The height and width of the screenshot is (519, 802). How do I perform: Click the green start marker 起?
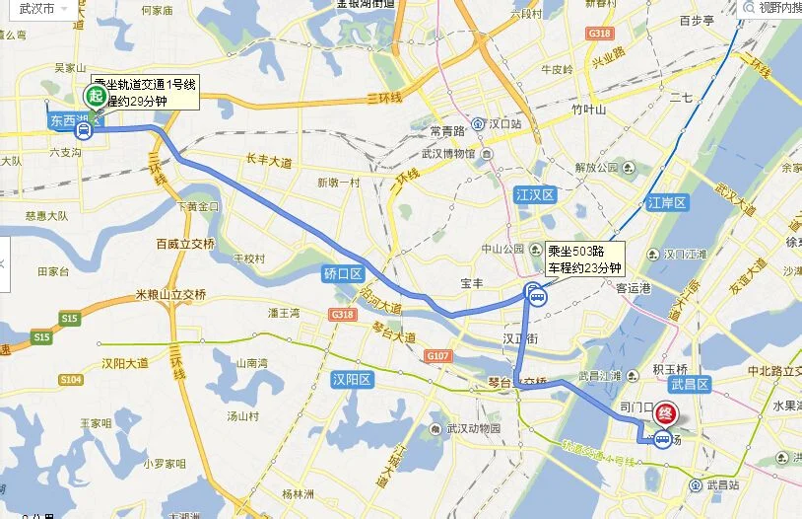click(96, 96)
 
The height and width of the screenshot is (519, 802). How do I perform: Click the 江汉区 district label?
click(536, 195)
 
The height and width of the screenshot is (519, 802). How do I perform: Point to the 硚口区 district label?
click(344, 273)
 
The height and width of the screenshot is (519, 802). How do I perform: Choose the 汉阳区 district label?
click(351, 379)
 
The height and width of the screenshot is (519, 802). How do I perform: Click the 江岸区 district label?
click(666, 203)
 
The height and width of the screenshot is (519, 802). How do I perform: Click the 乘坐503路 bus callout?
click(584, 259)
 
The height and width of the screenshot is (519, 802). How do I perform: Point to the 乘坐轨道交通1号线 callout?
click(145, 93)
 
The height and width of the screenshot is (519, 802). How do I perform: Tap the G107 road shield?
click(436, 355)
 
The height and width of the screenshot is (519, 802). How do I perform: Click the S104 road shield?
click(70, 380)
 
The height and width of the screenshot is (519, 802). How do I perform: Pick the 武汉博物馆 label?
click(448, 153)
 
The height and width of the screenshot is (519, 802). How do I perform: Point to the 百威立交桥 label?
click(184, 243)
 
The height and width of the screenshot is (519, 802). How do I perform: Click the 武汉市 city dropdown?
click(36, 8)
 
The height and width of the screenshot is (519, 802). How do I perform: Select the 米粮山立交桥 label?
click(171, 294)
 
